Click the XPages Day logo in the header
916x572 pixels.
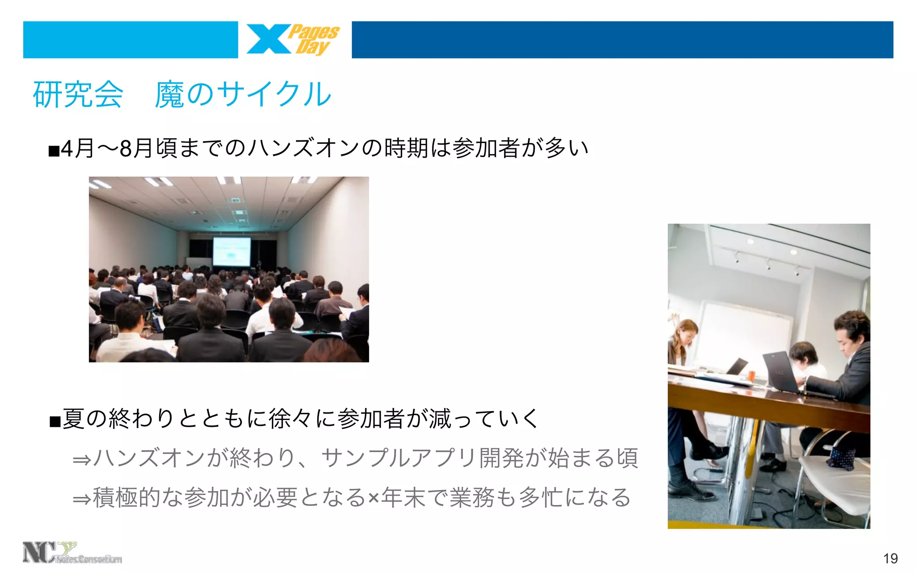(x=293, y=40)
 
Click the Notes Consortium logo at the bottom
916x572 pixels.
(x=72, y=553)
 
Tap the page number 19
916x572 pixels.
(x=890, y=558)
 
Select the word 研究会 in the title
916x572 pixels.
(x=78, y=95)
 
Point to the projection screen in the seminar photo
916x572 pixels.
(x=231, y=251)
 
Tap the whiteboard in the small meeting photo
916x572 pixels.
(x=742, y=335)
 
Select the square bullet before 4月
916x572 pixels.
(x=54, y=151)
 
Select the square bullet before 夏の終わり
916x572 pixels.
(x=55, y=421)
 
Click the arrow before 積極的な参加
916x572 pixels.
(x=82, y=499)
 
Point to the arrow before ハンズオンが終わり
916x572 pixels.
(x=82, y=459)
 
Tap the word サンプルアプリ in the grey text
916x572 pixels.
(x=399, y=458)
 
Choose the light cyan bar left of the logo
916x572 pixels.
(x=130, y=40)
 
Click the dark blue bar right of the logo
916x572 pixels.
(x=622, y=40)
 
